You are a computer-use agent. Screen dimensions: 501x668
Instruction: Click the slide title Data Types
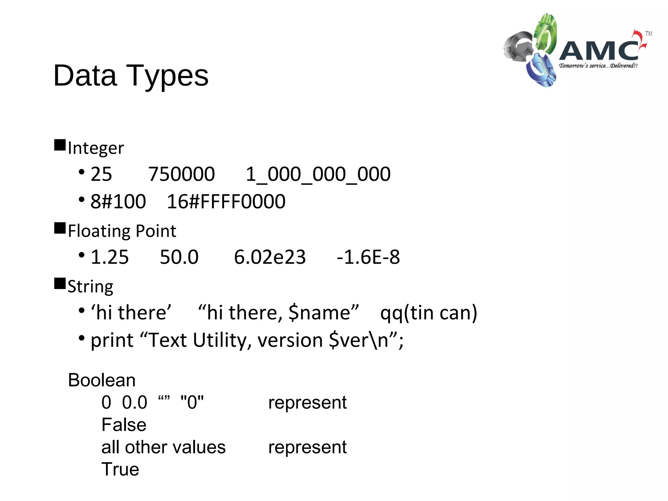(x=131, y=76)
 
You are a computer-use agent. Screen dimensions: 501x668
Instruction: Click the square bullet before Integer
(x=60, y=145)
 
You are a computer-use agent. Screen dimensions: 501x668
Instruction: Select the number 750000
(x=181, y=174)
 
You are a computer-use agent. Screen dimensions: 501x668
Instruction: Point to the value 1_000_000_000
(x=318, y=174)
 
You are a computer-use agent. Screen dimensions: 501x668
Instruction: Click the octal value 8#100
(x=118, y=201)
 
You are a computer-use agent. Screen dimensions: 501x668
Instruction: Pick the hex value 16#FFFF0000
(x=226, y=201)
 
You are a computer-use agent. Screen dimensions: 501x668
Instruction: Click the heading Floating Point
(x=122, y=231)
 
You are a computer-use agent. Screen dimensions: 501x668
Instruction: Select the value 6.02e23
(x=270, y=257)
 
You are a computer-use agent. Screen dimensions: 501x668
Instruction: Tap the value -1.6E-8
(x=368, y=257)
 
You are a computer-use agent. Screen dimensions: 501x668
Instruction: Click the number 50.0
(x=179, y=257)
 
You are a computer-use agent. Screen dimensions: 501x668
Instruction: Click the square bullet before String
(x=60, y=283)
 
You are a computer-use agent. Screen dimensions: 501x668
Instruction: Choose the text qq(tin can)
(x=429, y=312)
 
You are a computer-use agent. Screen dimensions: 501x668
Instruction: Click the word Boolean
(x=102, y=380)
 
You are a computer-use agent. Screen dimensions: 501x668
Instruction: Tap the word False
(x=124, y=425)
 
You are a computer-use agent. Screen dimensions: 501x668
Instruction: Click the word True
(x=120, y=469)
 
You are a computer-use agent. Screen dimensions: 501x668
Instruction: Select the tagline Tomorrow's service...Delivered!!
(x=598, y=66)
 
